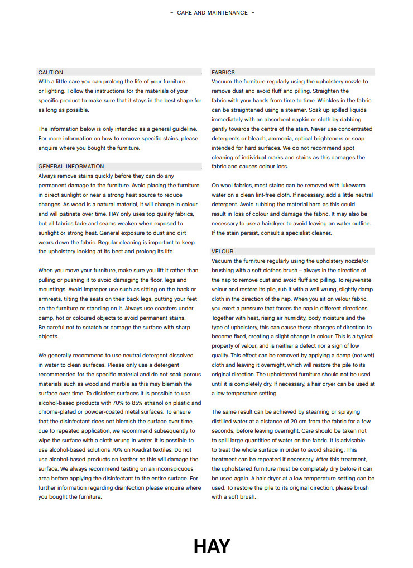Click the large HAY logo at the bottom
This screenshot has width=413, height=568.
pyautogui.click(x=212, y=546)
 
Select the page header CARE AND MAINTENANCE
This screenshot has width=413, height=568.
pyautogui.click(x=212, y=12)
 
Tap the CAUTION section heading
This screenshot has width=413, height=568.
pyautogui.click(x=51, y=73)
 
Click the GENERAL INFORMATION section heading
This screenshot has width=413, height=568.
pyautogui.click(x=71, y=167)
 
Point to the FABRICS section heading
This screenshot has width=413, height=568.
pyautogui.click(x=223, y=73)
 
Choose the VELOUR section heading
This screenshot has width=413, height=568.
pyautogui.click(x=223, y=252)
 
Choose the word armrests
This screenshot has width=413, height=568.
pyautogui.click(x=50, y=299)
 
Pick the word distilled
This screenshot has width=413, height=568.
pyautogui.click(x=225, y=421)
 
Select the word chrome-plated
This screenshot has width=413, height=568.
pyautogui.click(x=58, y=412)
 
